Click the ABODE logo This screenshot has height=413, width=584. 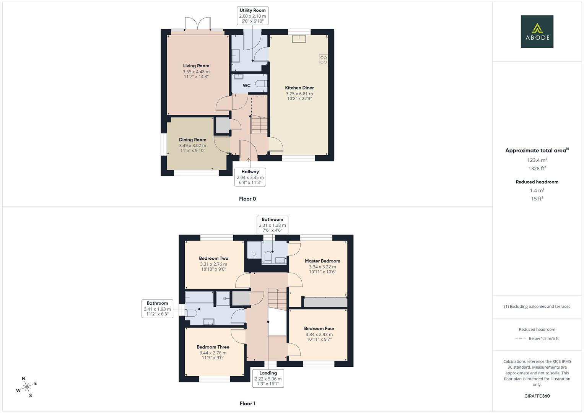tap(537, 31)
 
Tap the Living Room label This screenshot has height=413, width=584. tap(196, 66)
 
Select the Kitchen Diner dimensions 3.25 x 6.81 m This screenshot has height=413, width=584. tap(299, 94)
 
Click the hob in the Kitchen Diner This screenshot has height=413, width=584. tap(323, 60)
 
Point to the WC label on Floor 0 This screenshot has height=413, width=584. tap(247, 86)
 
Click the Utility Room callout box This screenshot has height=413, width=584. tap(253, 16)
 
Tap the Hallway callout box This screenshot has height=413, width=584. tap(250, 177)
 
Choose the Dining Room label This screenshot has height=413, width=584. tap(193, 140)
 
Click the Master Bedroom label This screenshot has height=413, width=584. tap(322, 261)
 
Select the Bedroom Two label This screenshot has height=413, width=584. tap(213, 259)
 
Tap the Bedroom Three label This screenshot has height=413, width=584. tap(213, 347)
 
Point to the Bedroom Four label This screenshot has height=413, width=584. tap(319, 328)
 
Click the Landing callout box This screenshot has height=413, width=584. tap(268, 378)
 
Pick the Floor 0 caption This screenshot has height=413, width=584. tap(247, 199)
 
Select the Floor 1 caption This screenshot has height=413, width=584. tap(247, 403)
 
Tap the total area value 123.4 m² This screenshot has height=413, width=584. tap(537, 160)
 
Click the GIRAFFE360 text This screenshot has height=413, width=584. tap(537, 396)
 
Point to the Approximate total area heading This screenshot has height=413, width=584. tap(537, 150)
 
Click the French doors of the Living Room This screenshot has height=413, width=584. tap(198, 24)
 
